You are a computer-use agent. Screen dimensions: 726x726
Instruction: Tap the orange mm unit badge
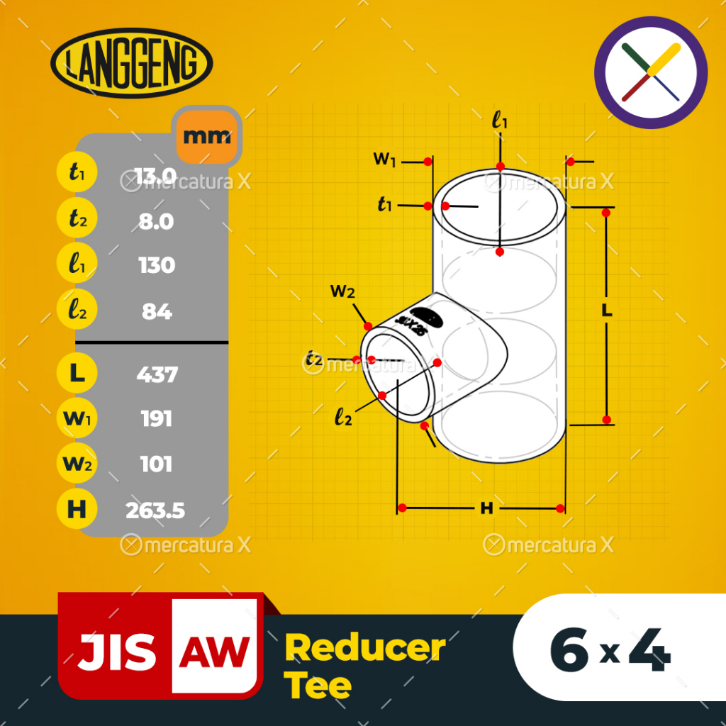point(206,135)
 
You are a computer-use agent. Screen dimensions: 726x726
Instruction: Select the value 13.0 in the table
point(156,175)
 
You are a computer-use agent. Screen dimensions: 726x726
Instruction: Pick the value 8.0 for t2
point(156,221)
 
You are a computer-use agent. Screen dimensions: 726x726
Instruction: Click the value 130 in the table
point(156,265)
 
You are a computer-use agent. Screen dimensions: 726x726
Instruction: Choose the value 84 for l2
point(156,311)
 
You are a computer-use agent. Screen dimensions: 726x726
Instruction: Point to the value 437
point(156,374)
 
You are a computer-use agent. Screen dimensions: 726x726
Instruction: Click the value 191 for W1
point(156,419)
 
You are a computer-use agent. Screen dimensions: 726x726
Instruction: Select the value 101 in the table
point(156,464)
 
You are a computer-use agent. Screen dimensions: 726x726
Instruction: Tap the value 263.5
point(156,510)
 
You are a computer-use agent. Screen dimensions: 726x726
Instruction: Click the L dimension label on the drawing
point(606,311)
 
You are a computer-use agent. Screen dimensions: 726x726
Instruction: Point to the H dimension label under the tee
point(486,508)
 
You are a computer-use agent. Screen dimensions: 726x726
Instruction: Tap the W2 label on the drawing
point(342,291)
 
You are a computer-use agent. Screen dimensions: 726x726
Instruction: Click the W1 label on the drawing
point(384,159)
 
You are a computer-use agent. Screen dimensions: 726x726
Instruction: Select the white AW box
point(214,646)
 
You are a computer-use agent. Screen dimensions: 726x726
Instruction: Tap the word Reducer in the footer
point(365,648)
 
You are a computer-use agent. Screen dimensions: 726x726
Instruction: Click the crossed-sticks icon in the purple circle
point(651,72)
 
